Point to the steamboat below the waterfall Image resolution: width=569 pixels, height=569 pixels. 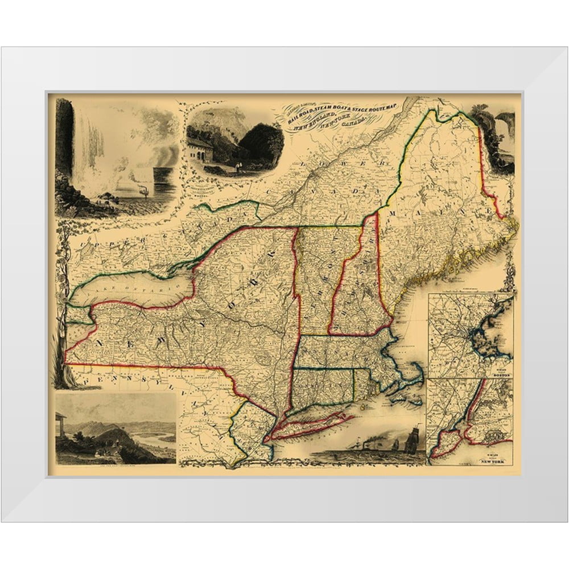(143, 191)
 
